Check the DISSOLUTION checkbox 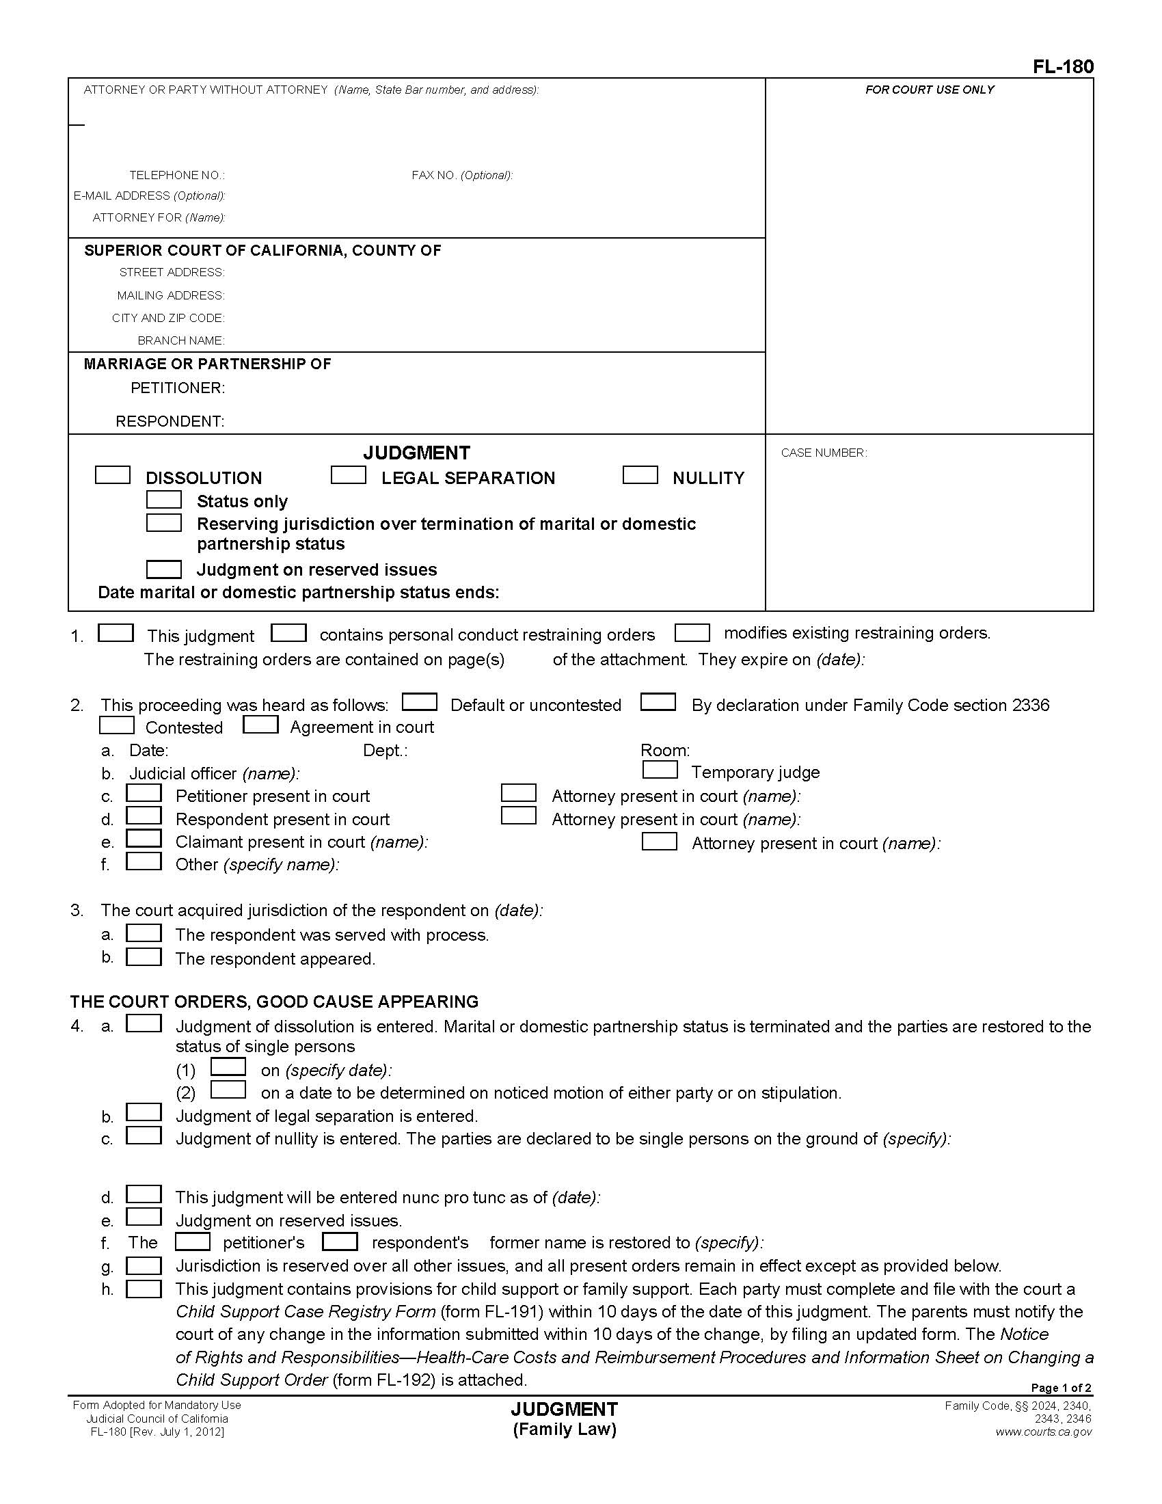(x=112, y=475)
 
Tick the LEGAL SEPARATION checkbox (x=348, y=475)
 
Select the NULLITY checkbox (x=640, y=475)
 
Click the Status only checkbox (x=164, y=499)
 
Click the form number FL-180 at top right (x=1062, y=67)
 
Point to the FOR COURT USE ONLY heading (x=929, y=90)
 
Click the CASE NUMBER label (x=824, y=453)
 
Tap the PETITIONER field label (x=178, y=388)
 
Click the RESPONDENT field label (x=170, y=420)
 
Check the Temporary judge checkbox (x=659, y=769)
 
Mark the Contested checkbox (x=116, y=725)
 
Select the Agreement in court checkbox (x=260, y=725)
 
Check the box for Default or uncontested (x=419, y=701)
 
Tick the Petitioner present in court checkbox (x=144, y=793)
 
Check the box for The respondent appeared (x=144, y=956)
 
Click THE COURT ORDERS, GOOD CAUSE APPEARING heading (x=274, y=1002)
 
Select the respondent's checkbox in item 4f (x=340, y=1241)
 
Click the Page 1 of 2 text (x=1060, y=1388)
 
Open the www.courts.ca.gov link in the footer (x=1043, y=1432)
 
